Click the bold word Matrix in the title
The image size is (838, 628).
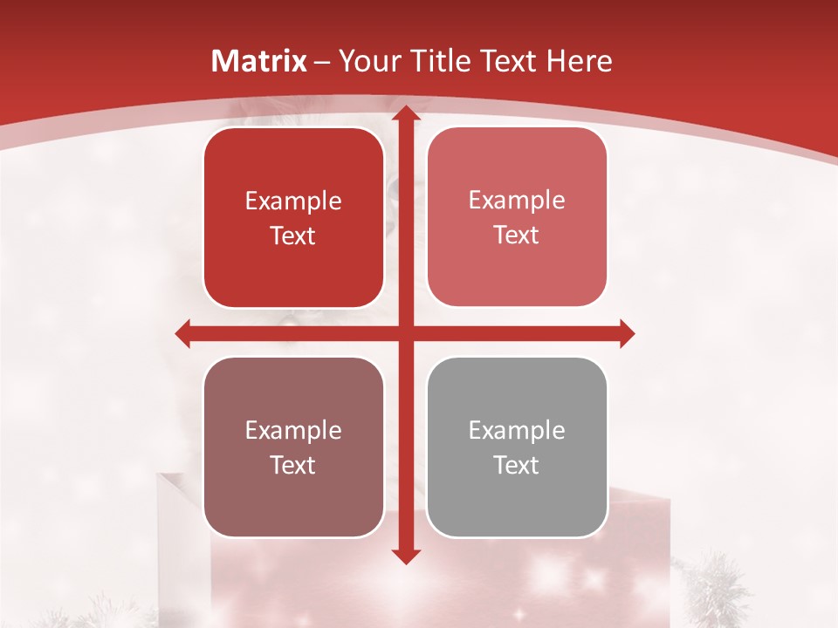pos(259,61)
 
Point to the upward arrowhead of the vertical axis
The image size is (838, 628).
pos(405,113)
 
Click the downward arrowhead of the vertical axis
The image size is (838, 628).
pos(405,556)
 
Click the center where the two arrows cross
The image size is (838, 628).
pos(405,333)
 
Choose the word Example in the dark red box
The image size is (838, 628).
pos(293,201)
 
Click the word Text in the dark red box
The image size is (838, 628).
pos(293,235)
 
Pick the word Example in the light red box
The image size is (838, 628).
pos(517,201)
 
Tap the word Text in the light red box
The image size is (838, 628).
pos(517,235)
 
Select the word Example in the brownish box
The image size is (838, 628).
pos(293,431)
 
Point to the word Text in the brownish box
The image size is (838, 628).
pos(293,465)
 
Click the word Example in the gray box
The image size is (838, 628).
pos(517,431)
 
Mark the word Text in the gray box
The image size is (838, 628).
pos(517,465)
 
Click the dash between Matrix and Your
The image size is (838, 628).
pos(322,62)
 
